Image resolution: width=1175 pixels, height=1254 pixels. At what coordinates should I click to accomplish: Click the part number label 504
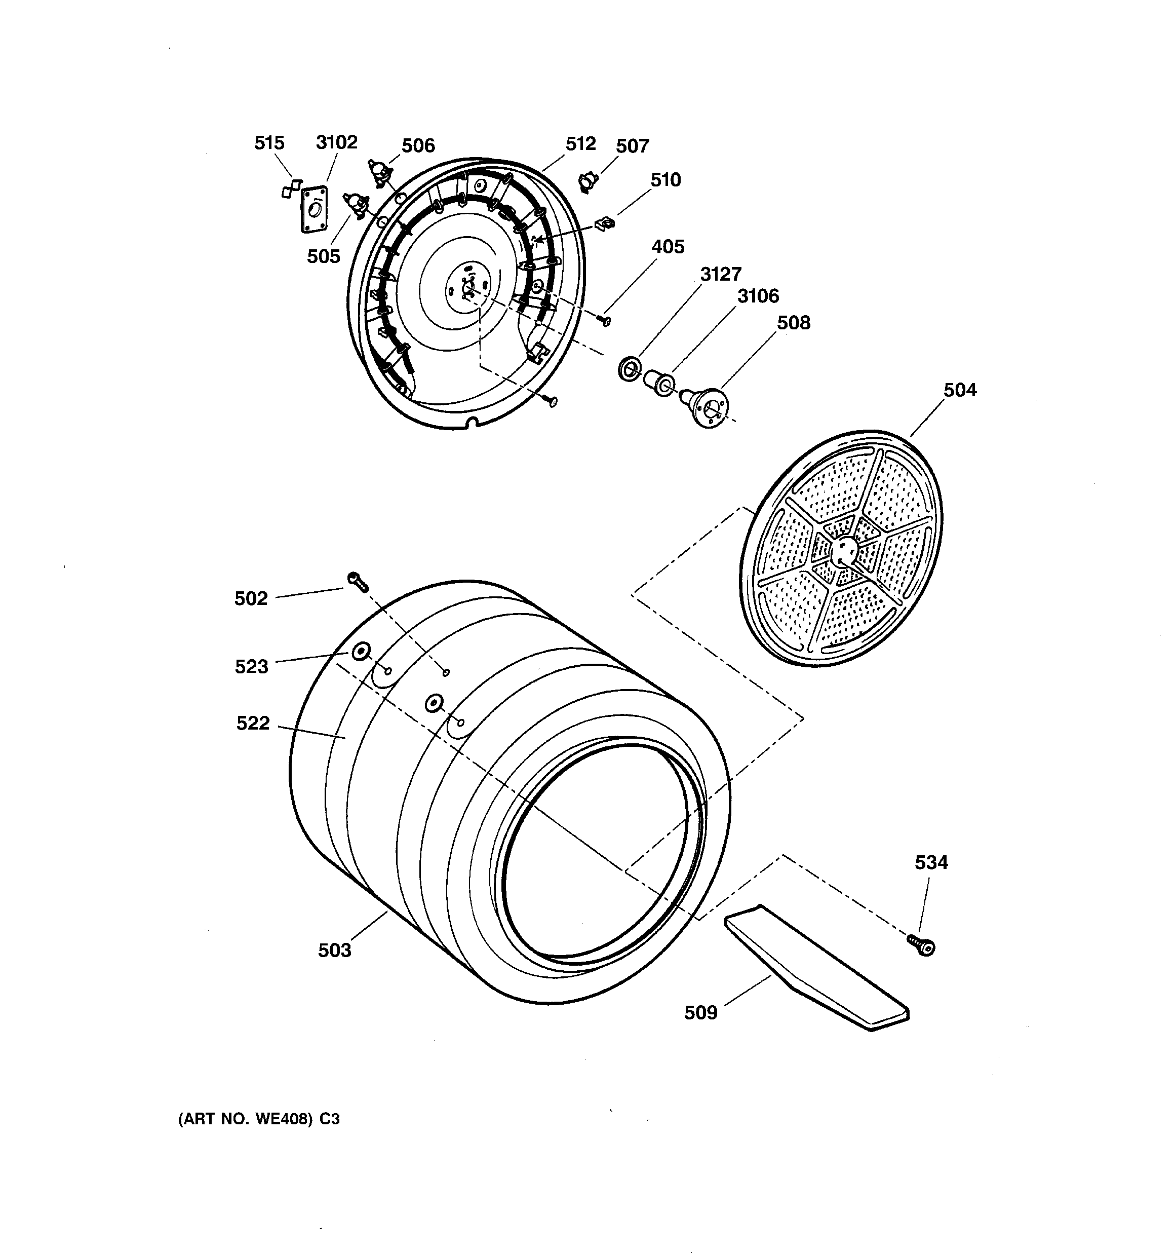pyautogui.click(x=959, y=391)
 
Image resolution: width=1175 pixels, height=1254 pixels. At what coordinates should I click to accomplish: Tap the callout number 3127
pyautogui.click(x=720, y=275)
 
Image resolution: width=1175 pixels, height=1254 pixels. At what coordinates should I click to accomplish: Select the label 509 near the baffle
pyautogui.click(x=701, y=1013)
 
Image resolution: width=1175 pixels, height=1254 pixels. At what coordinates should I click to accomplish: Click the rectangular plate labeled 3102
pyautogui.click(x=314, y=209)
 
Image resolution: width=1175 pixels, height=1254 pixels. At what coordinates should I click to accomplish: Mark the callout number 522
pyautogui.click(x=253, y=724)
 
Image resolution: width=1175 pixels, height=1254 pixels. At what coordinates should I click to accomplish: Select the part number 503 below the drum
pyautogui.click(x=334, y=951)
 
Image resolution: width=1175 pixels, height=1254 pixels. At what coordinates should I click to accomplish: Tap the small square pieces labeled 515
pyautogui.click(x=291, y=188)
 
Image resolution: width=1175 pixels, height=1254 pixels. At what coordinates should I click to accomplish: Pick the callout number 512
pyautogui.click(x=580, y=144)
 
